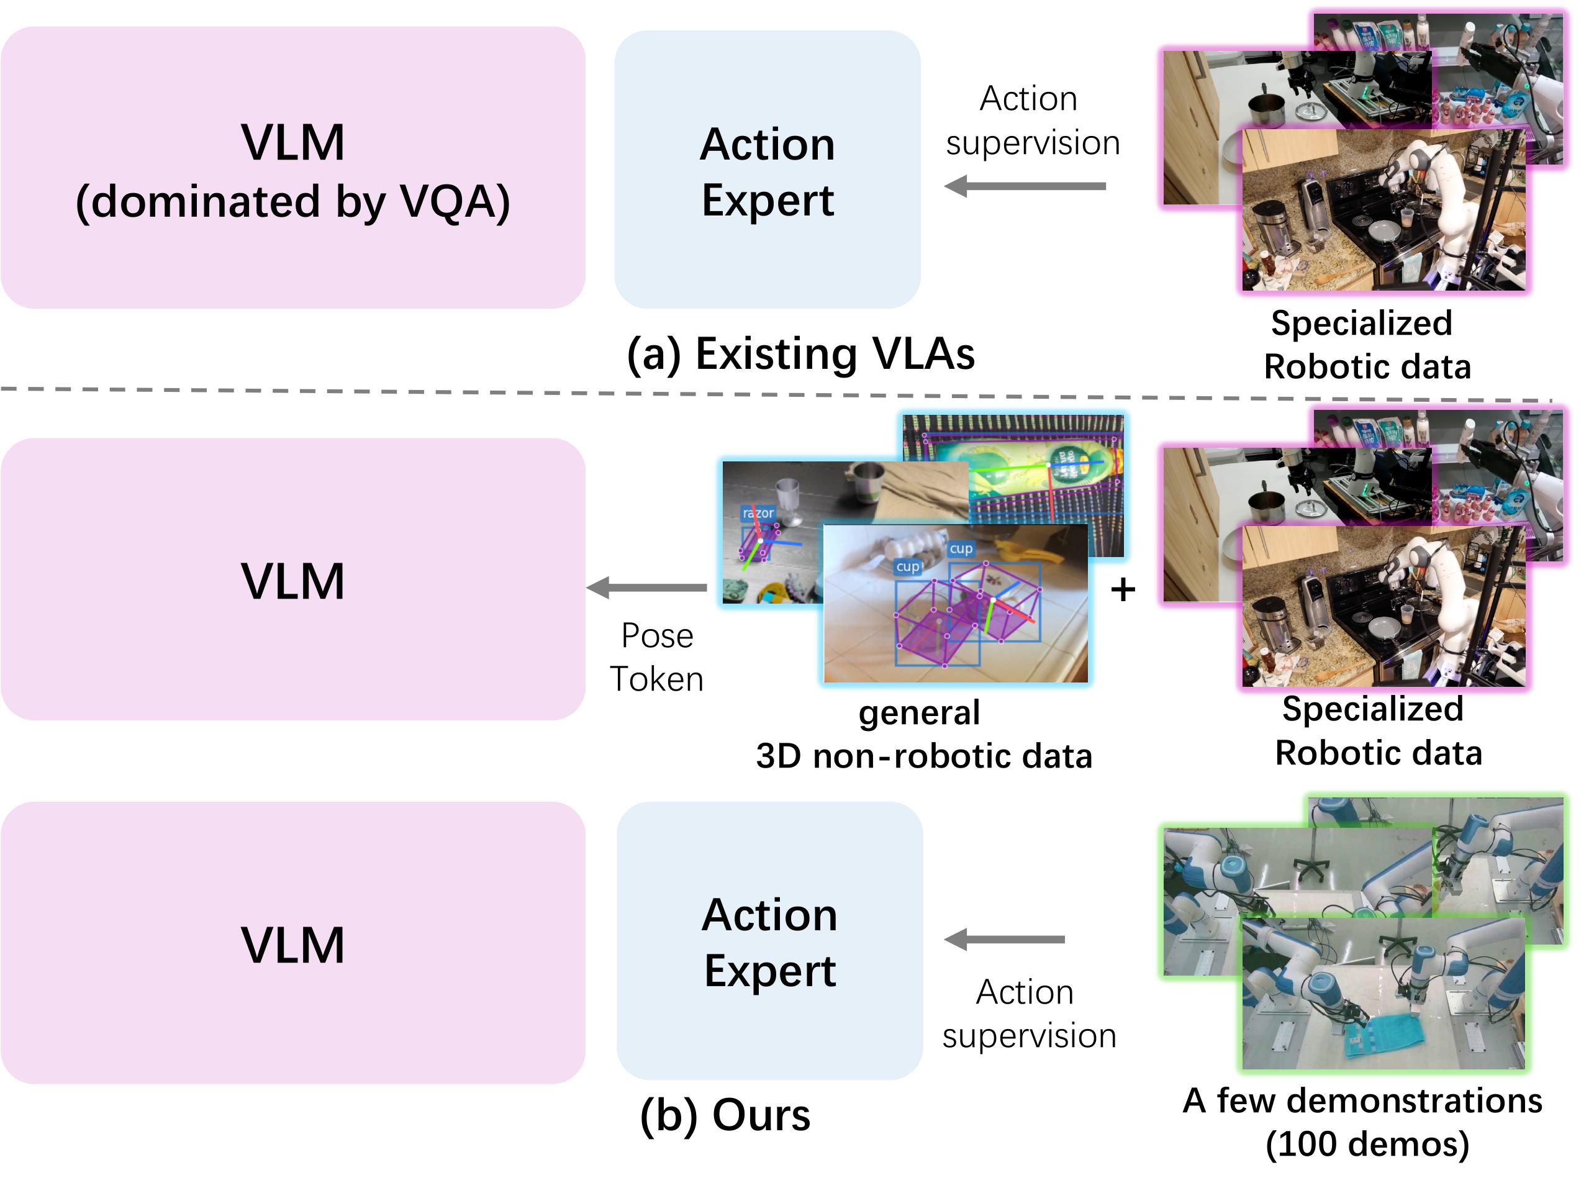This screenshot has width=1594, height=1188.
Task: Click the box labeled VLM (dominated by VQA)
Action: point(292,168)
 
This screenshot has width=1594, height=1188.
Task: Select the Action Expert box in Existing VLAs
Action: point(766,170)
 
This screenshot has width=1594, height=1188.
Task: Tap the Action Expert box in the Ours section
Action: point(769,941)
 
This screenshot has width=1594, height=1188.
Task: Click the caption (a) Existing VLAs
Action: point(800,354)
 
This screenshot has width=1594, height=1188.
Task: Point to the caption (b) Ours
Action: point(725,1115)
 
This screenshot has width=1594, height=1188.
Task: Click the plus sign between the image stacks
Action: point(1121,590)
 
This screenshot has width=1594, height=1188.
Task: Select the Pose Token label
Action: point(656,657)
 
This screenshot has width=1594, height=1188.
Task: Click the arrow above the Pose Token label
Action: point(647,587)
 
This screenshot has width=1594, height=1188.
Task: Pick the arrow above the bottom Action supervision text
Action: point(1005,939)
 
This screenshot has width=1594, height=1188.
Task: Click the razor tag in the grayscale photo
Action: point(758,513)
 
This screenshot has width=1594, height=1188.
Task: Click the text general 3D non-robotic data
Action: point(923,734)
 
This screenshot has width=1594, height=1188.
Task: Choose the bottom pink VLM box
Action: point(292,943)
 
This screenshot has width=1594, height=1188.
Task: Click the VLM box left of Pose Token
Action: point(292,579)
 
